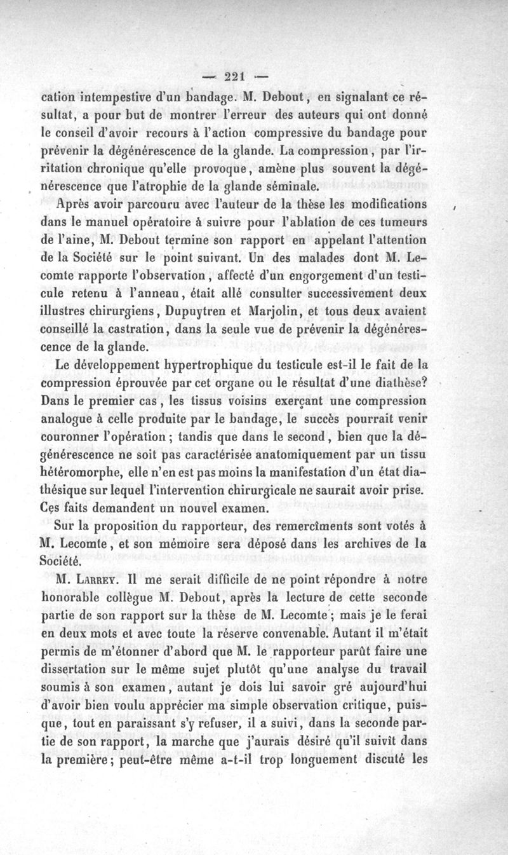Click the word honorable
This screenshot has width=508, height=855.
point(74,598)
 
